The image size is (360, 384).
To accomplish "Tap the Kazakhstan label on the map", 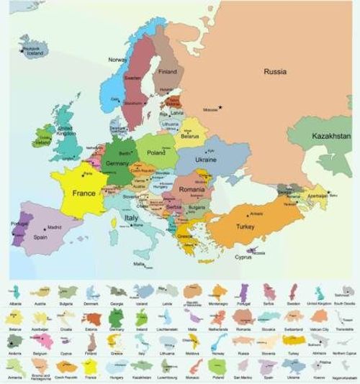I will tap(330, 135).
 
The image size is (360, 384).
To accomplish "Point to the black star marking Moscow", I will tap(221, 108).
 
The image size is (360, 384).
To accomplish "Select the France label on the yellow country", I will tap(84, 193).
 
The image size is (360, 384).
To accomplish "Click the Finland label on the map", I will tap(168, 72).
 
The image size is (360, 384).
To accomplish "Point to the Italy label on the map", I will tap(132, 217).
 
